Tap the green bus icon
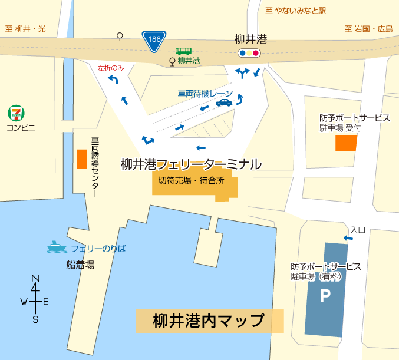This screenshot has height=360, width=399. (x=183, y=51)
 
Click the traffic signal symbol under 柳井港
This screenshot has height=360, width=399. (x=249, y=53)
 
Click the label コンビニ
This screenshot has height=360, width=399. (x=21, y=127)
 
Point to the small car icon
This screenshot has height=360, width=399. (x=223, y=103)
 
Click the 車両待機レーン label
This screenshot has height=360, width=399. (x=205, y=93)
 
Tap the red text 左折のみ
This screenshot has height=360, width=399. (x=111, y=68)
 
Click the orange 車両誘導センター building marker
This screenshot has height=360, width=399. (x=81, y=158)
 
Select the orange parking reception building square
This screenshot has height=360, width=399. (x=346, y=143)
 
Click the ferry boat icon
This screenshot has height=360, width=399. (x=56, y=247)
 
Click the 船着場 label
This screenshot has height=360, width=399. (x=80, y=265)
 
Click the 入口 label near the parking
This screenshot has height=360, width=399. (x=358, y=229)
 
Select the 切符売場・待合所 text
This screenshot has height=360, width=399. (x=192, y=181)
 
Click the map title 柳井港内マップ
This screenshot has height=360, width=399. (x=209, y=321)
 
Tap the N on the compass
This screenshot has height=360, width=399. (x=35, y=279)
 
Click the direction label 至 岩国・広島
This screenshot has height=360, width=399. (x=368, y=28)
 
